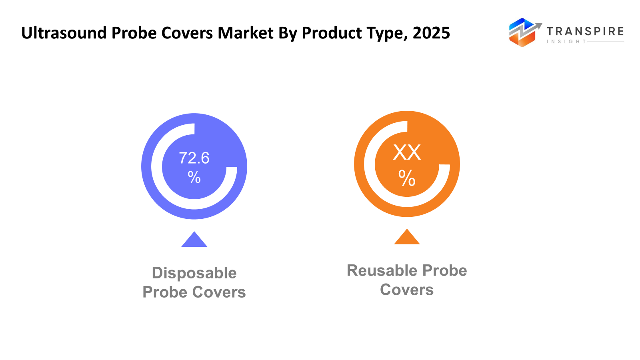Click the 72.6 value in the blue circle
[194, 158]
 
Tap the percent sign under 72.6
[194, 177]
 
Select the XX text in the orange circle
[407, 152]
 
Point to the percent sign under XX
[407, 178]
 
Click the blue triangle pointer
[194, 240]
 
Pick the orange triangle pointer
[407, 238]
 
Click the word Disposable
[194, 273]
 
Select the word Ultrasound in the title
[64, 33]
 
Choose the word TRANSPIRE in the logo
[585, 32]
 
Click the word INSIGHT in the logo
[566, 42]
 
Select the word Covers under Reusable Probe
[407, 290]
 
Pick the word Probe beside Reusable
[445, 270]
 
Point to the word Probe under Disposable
[164, 292]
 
